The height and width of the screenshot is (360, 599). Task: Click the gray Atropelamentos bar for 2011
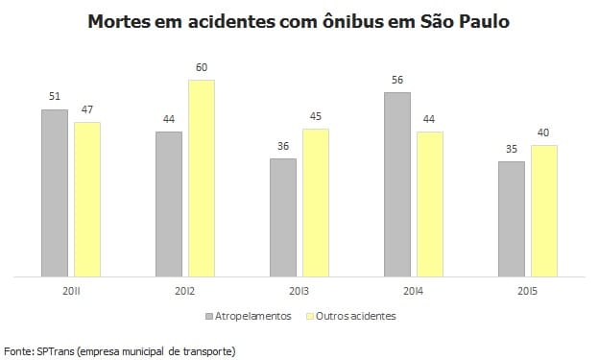click(55, 193)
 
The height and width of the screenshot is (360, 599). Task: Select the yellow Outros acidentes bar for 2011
click(87, 200)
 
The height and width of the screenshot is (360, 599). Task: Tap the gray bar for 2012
click(169, 204)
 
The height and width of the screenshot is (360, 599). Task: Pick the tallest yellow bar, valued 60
click(202, 179)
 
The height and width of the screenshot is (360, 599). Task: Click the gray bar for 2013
click(283, 218)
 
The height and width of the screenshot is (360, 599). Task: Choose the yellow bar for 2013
click(316, 203)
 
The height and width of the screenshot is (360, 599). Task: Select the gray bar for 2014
click(397, 184)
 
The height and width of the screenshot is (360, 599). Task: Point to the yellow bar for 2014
click(430, 204)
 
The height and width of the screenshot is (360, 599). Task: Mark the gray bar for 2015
click(512, 219)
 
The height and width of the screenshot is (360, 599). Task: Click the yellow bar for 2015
click(544, 211)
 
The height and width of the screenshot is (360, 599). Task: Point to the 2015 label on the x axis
click(528, 291)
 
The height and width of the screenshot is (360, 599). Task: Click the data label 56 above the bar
click(397, 82)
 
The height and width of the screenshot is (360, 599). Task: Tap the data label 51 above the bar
click(55, 98)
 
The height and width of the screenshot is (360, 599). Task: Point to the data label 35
click(512, 150)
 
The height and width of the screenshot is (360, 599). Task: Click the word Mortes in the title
click(121, 20)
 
